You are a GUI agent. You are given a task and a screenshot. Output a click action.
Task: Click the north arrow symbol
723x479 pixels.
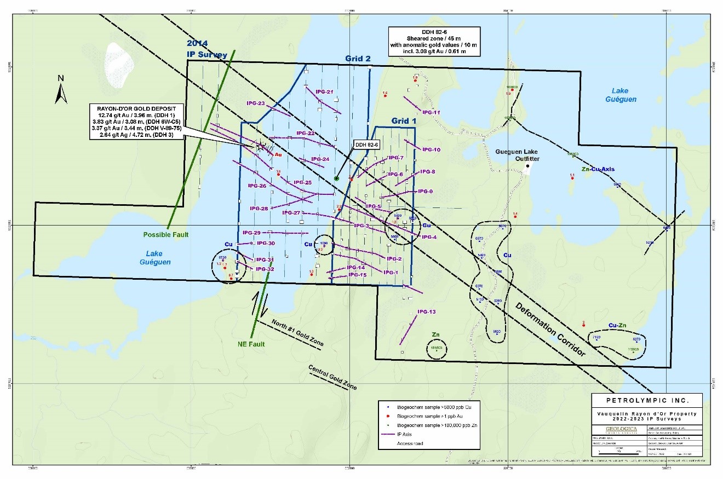point(61,91)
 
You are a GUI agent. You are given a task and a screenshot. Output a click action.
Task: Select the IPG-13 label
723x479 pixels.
point(426,311)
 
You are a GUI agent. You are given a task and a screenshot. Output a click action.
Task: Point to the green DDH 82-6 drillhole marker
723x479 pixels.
point(336,178)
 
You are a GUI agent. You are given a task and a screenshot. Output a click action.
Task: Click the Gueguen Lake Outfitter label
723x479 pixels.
point(518,155)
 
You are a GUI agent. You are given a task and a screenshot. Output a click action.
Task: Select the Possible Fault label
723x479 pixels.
point(166,234)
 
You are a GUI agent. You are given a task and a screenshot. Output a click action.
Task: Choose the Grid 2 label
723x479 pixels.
point(358,58)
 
